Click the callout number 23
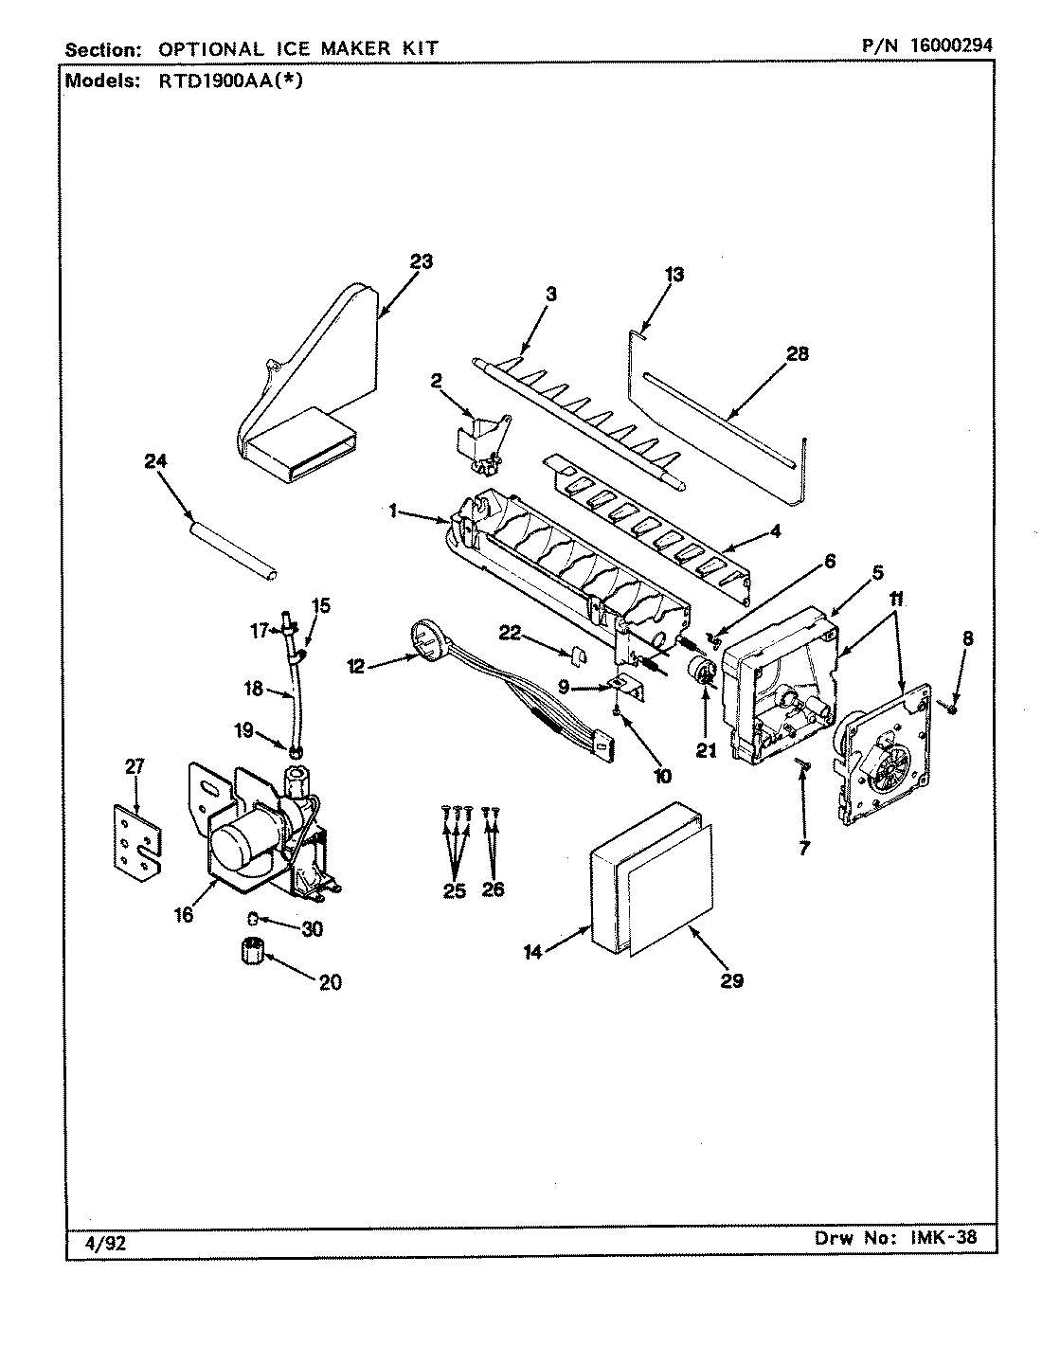pos(421,261)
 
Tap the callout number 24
pos(155,462)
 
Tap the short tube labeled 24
pos(233,549)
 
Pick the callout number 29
pos(731,981)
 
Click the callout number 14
pos(533,953)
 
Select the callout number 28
pos(798,353)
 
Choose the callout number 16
pos(185,915)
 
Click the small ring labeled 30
pos(255,918)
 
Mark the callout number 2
pos(437,381)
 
